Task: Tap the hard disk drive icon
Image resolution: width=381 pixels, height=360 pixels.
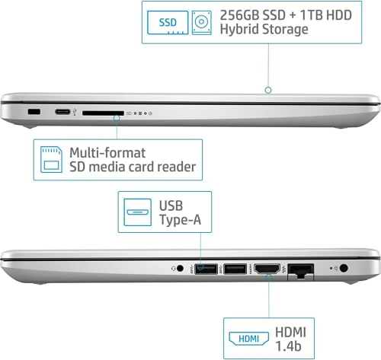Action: (x=201, y=21)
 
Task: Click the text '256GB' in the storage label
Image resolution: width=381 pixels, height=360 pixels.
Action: (x=237, y=14)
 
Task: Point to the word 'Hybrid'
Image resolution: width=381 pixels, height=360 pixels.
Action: (x=241, y=30)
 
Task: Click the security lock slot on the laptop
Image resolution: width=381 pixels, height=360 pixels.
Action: (x=34, y=113)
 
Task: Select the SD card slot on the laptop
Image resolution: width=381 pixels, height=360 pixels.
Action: (x=103, y=113)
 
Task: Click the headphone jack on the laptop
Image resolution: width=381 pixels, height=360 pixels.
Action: (x=181, y=269)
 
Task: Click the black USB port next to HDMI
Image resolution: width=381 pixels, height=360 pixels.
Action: (x=234, y=269)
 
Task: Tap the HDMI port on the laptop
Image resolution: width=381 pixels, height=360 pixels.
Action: (x=267, y=269)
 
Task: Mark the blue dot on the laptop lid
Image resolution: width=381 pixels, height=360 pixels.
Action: (x=268, y=89)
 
